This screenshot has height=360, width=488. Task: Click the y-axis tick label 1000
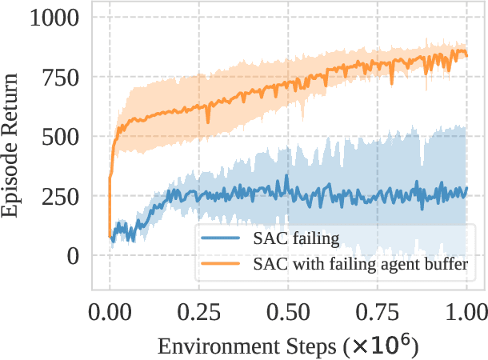[55, 18]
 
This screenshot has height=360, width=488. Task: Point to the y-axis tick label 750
[62, 77]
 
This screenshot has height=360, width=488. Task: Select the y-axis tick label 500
[62, 136]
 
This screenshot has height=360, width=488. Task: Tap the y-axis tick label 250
[62, 196]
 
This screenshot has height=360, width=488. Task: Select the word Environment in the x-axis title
[203, 347]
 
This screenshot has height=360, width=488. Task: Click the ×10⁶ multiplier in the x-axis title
[381, 346]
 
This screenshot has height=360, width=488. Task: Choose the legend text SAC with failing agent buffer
[359, 262]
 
